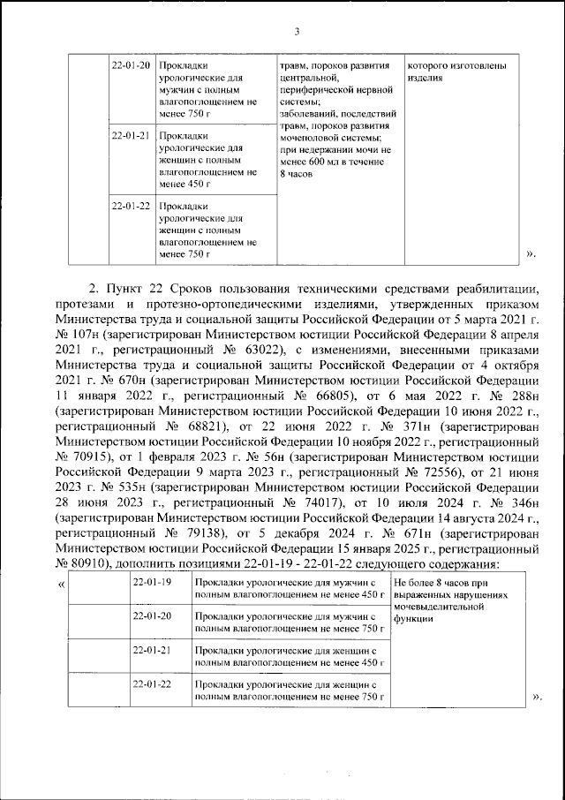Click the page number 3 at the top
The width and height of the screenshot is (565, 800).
point(297,33)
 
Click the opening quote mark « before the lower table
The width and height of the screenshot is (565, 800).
point(60,585)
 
